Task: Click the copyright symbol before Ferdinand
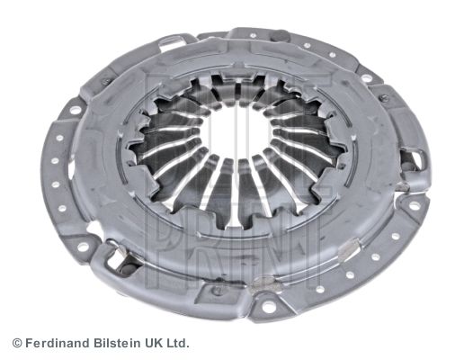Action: click(x=17, y=343)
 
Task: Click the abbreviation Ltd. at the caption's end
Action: click(x=176, y=343)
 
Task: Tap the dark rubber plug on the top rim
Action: click(x=280, y=35)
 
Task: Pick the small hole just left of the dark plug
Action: click(x=251, y=36)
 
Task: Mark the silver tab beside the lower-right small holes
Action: click(x=350, y=248)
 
